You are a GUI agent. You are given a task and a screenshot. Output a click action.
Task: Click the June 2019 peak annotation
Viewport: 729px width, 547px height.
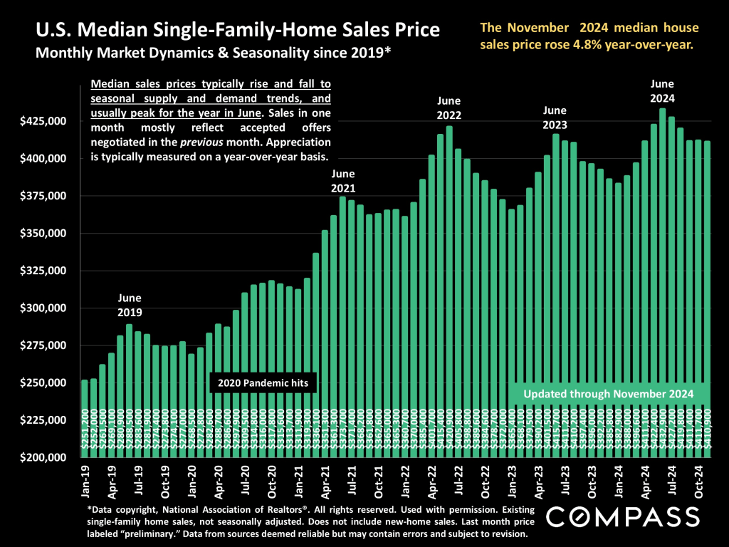(x=130, y=305)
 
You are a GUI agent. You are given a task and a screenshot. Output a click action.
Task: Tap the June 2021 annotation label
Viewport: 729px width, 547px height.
(x=343, y=181)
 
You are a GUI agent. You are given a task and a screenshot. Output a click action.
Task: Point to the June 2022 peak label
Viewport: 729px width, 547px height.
(x=449, y=108)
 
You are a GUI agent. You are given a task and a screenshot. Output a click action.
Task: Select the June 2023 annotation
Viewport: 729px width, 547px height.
(x=555, y=118)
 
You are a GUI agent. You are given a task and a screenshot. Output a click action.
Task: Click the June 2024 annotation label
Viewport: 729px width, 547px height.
(x=662, y=92)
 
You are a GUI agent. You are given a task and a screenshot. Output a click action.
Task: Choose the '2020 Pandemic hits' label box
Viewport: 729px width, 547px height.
(x=263, y=383)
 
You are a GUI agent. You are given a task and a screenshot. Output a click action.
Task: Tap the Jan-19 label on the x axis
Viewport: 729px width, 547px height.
(x=85, y=481)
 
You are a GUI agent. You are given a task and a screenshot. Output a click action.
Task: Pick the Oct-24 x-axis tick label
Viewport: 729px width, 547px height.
(x=700, y=481)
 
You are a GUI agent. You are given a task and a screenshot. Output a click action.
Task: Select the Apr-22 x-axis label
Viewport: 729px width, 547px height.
(x=431, y=481)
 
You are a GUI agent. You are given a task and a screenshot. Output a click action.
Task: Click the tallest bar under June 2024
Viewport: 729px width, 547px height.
(x=662, y=285)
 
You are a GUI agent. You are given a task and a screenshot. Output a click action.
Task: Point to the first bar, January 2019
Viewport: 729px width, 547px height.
(x=85, y=420)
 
